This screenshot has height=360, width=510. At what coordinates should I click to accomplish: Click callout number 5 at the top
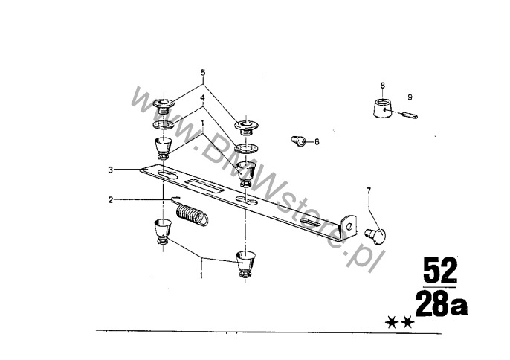[203, 72]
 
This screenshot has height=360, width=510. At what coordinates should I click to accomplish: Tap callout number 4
[202, 97]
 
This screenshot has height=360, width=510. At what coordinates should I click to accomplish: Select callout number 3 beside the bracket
[111, 170]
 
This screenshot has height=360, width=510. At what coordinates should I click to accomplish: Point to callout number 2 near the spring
[111, 199]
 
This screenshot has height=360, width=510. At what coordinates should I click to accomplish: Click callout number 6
[317, 141]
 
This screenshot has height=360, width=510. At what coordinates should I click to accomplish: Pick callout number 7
[369, 190]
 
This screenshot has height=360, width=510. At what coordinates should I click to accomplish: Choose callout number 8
[382, 86]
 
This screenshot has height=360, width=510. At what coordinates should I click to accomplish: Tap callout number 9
[410, 97]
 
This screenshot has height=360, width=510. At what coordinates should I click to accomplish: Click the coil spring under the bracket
[191, 214]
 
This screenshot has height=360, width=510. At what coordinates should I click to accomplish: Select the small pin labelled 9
[410, 115]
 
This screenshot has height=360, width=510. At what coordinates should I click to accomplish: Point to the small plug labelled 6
[298, 141]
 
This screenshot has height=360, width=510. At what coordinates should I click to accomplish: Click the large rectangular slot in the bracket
[204, 186]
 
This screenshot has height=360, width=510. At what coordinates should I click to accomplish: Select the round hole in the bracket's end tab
[349, 225]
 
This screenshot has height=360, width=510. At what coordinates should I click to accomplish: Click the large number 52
[440, 271]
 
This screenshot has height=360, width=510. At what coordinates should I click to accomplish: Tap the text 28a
[442, 305]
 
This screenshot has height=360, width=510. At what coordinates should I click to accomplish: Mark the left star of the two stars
[391, 323]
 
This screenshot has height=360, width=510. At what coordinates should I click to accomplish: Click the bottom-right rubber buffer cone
[245, 263]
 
